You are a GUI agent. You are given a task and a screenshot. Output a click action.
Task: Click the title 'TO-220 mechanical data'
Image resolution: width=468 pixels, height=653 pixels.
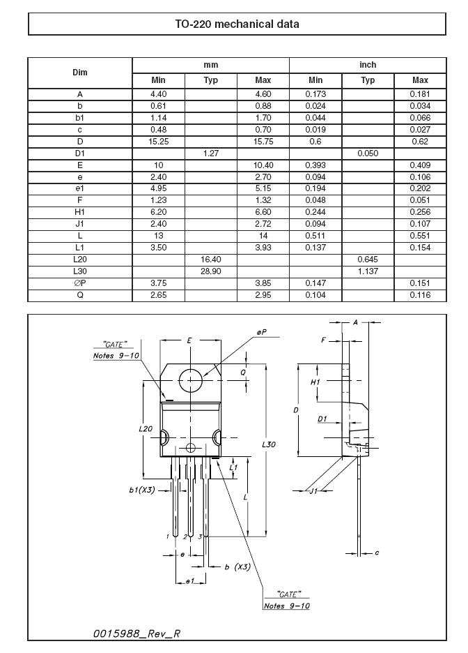pos(237,24)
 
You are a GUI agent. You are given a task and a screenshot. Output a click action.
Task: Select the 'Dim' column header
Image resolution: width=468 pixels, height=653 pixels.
pos(80,73)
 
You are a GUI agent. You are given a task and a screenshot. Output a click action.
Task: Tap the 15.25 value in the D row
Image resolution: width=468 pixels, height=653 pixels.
pos(158,142)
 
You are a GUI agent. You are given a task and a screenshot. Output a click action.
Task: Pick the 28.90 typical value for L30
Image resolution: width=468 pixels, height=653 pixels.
pos(211,271)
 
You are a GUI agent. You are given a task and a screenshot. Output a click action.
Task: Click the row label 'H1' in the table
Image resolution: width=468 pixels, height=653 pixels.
pos(80,212)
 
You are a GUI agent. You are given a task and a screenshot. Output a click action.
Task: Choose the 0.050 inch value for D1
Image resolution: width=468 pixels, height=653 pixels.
pos(368,153)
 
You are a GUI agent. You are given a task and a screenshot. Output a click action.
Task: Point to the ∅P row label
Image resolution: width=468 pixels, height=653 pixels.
pos(80,283)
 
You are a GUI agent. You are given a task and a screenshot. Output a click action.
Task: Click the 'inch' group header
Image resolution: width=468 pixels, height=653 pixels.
pos(368,65)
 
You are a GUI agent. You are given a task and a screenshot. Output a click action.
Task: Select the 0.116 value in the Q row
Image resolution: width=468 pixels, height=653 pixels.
pos(420,295)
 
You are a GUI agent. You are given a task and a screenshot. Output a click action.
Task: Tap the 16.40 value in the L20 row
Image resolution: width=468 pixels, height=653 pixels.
pos(211,260)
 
